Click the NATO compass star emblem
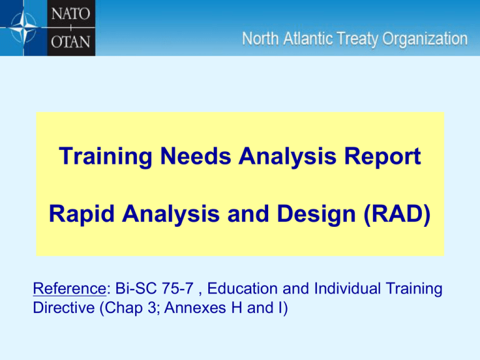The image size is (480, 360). pyautogui.click(x=23, y=27)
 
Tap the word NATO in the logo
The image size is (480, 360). pyautogui.click(x=71, y=14)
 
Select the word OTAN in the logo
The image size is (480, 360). pyautogui.click(x=71, y=42)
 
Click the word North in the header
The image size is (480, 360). pyautogui.click(x=260, y=39)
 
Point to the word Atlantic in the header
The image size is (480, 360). pyautogui.click(x=308, y=39)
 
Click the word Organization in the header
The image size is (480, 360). pyautogui.click(x=425, y=40)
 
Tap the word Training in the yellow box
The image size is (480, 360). pyautogui.click(x=105, y=157)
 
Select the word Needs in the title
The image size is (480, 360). pyautogui.click(x=196, y=156)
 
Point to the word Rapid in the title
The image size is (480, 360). pyautogui.click(x=82, y=214)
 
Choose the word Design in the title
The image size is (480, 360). pyautogui.click(x=316, y=214)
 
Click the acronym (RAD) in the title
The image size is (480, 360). pyautogui.click(x=397, y=214)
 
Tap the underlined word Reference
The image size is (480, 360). pyautogui.click(x=69, y=289)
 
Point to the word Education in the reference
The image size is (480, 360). pyautogui.click(x=242, y=289)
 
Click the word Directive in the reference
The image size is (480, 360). pyautogui.click(x=64, y=308)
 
